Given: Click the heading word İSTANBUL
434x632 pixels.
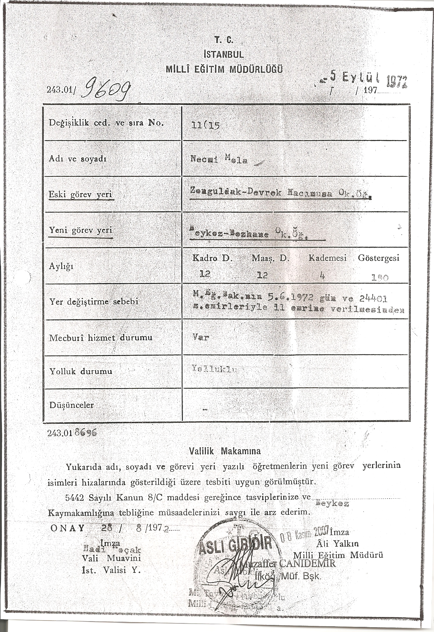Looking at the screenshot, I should pos(223,54).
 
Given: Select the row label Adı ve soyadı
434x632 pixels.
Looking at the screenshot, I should pos(77,159).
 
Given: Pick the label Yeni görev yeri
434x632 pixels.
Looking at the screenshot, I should pos(81,230).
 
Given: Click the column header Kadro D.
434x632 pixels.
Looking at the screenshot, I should pos(213,258).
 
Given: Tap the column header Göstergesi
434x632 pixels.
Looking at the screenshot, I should pos(378,258).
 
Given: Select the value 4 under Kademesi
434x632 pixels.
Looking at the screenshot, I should pos(322,275).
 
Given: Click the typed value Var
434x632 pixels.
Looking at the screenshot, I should pos(200,337).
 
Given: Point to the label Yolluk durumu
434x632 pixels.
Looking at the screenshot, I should pos(81,372).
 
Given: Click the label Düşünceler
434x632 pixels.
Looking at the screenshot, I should pos(71,405).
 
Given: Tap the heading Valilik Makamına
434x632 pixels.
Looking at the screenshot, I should pos(225,451).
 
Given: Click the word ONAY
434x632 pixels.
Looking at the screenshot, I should pos(68,528).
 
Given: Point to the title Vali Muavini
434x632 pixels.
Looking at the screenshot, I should pos(111,558).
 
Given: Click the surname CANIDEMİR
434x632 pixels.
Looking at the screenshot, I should pos(307,564).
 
